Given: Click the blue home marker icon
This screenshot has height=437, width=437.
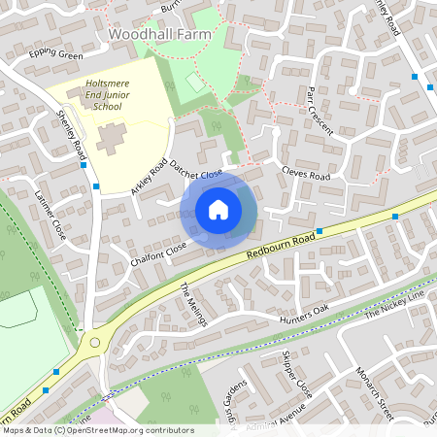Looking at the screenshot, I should [218, 210].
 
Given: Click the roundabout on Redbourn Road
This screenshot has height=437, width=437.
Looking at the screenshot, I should [94, 342].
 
